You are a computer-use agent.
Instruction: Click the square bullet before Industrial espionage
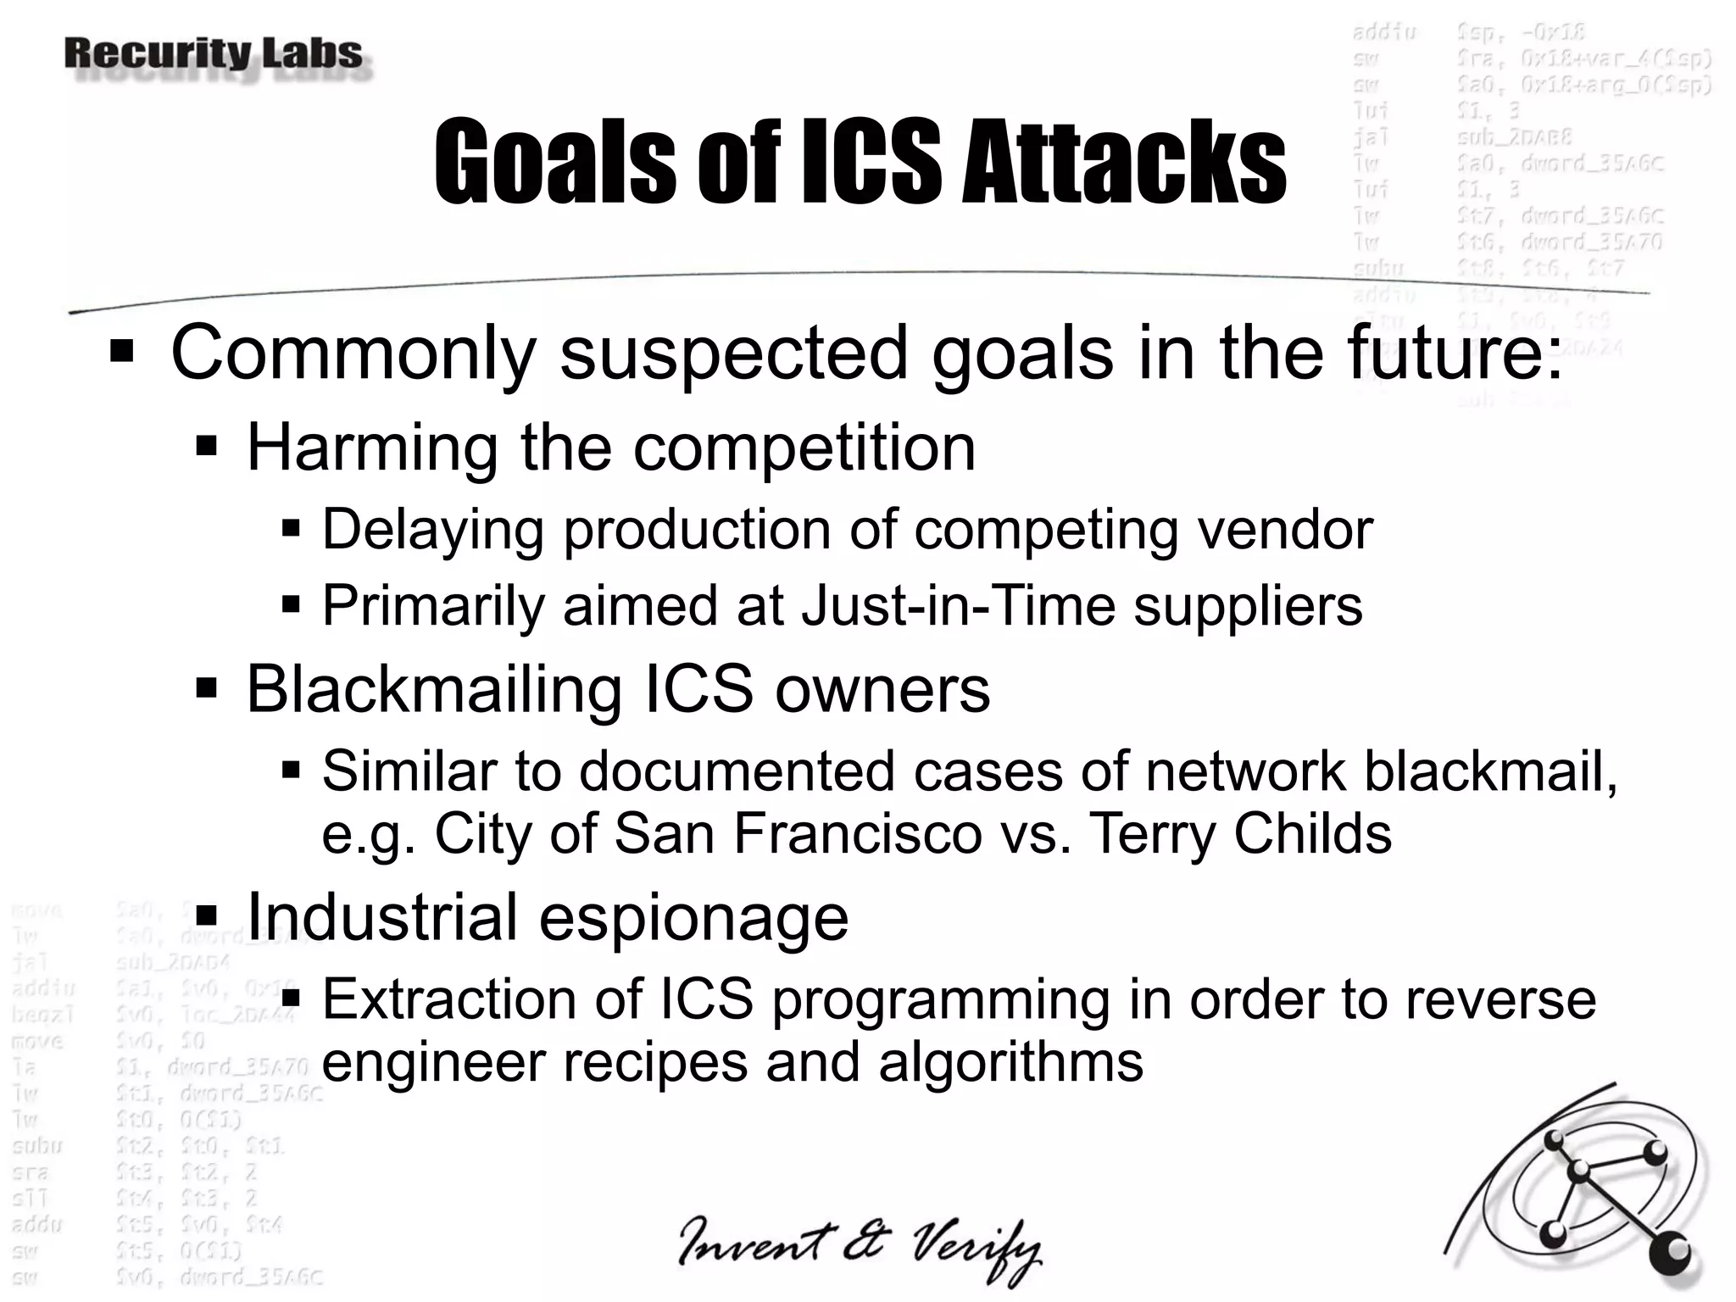(x=206, y=916)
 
